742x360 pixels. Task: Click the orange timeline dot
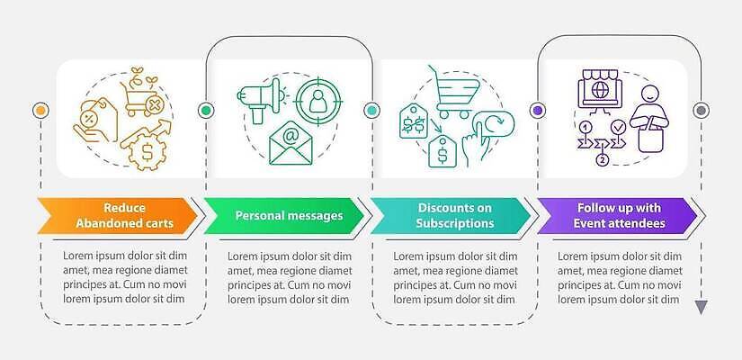[41, 111]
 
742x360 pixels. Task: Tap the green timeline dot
[206, 111]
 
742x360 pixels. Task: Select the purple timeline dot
[537, 111]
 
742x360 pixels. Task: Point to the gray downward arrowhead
[701, 307]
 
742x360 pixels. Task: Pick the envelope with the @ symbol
[291, 143]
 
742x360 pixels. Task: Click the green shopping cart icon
[453, 92]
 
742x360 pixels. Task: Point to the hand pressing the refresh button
[487, 139]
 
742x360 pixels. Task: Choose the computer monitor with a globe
[600, 89]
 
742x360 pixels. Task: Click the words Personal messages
[289, 215]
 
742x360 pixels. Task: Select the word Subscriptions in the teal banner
[455, 223]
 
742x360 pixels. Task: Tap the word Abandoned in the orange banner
[106, 223]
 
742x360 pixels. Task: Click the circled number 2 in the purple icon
[602, 160]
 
